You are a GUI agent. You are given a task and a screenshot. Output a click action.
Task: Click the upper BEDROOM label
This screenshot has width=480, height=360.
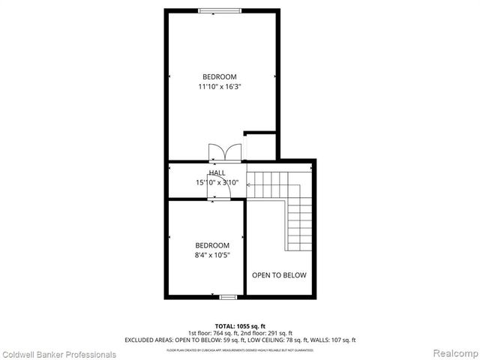(x=220, y=76)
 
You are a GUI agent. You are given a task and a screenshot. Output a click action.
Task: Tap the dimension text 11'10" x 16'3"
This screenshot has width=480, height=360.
(x=220, y=86)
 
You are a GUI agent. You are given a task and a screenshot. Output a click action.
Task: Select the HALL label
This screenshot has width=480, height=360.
(x=217, y=173)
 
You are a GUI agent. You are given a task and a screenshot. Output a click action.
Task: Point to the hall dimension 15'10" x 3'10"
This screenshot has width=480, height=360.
(x=217, y=182)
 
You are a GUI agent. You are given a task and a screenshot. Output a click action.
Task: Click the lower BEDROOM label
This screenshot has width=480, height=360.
(x=212, y=245)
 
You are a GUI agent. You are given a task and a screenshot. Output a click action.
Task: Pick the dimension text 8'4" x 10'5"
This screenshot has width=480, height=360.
(x=212, y=255)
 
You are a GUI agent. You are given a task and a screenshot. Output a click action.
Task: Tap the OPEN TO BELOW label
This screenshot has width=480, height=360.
(x=279, y=275)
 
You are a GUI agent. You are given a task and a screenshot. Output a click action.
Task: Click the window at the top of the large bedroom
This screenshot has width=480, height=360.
(x=220, y=10)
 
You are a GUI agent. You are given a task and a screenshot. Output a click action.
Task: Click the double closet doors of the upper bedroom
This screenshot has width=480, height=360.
(x=225, y=151)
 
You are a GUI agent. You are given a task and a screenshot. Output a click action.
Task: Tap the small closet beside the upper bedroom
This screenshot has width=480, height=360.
(x=260, y=146)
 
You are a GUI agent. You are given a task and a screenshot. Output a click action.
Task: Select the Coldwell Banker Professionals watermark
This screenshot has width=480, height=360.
(x=58, y=353)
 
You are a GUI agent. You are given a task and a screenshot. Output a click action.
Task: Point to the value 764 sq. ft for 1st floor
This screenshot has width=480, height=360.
(x=224, y=333)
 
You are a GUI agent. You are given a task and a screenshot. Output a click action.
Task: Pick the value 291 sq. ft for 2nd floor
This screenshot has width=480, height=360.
(x=278, y=333)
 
